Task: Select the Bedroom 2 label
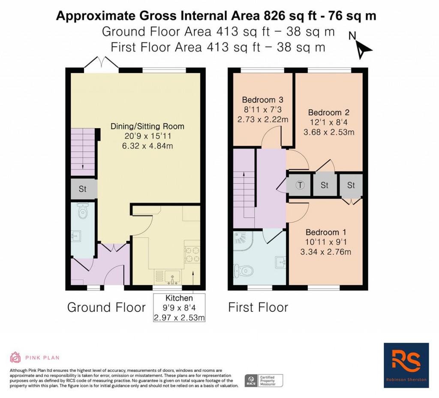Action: coord(329,113)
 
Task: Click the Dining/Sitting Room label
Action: coord(147,127)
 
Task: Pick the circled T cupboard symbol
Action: coord(300,185)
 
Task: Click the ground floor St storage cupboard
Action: coord(83,189)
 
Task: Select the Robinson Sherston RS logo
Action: coord(406,365)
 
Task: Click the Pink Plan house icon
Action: coord(15,357)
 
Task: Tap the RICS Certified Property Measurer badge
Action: coord(264,380)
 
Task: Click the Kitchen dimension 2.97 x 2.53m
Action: coord(179,318)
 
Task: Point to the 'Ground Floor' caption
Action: coord(106,307)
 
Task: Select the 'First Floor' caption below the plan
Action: coord(258,307)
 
